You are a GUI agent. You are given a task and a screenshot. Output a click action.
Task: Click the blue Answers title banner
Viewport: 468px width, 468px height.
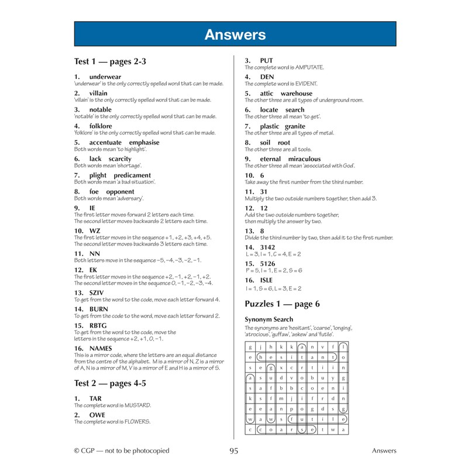tap(235, 35)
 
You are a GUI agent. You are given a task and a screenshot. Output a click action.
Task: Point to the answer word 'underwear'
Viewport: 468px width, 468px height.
tap(105, 77)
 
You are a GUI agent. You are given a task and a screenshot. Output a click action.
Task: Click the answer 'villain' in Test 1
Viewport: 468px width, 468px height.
tap(98, 93)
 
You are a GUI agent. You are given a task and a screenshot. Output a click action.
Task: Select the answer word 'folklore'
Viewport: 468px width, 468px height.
tap(101, 126)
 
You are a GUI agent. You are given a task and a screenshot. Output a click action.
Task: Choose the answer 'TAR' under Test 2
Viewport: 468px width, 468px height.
tap(95, 398)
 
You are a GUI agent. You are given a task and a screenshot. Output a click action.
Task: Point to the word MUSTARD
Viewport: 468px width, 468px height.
tap(136, 405)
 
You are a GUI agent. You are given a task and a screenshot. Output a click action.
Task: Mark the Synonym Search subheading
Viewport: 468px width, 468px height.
tap(269, 319)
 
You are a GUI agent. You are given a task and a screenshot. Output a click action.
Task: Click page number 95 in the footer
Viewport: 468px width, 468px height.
tap(234, 450)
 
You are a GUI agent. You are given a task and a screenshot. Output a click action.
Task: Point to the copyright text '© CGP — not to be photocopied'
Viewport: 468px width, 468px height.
tap(121, 450)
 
